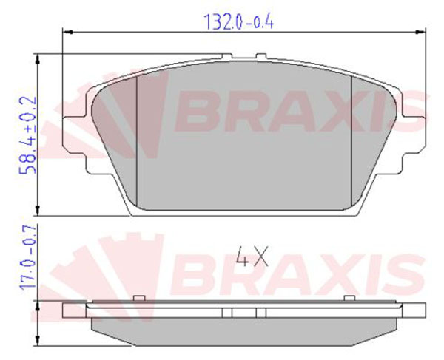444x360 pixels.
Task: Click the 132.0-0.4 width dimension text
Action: pos(239,21)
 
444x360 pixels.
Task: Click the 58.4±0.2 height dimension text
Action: pos(28,135)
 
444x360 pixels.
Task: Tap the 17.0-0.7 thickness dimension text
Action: pos(28,257)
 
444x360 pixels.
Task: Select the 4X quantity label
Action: pos(252,257)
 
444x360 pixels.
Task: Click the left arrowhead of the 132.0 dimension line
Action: pos(67,33)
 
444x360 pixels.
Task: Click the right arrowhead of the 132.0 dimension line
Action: pos(420,33)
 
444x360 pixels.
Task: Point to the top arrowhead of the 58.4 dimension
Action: pos(38,59)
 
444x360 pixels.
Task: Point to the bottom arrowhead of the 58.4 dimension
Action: pos(38,211)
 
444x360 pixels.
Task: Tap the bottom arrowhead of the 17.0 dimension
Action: pos(38,340)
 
